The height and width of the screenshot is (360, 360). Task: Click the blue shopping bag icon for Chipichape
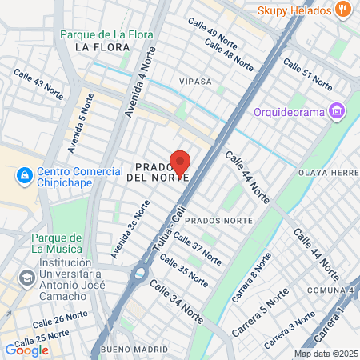25,174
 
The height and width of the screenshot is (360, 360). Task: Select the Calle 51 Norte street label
307,76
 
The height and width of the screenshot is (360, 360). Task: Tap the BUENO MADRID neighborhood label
136,350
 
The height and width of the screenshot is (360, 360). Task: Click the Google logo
26,350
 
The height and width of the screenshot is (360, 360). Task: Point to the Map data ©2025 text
325,354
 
